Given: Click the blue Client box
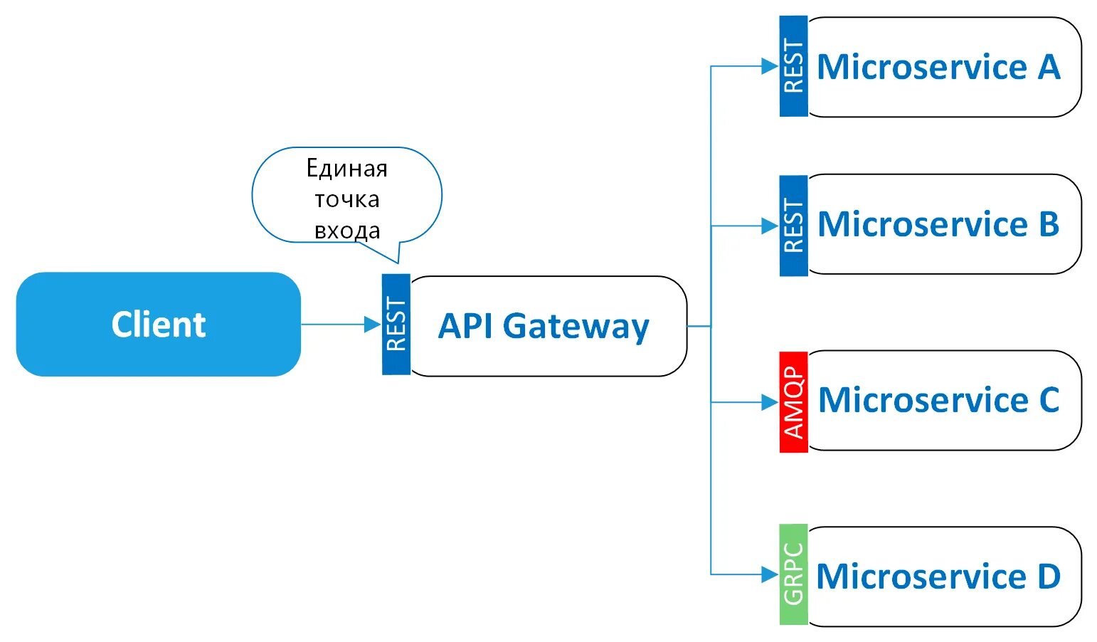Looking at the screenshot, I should (x=158, y=325).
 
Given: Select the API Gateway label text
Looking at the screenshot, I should (x=544, y=326).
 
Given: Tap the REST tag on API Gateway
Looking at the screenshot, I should (x=396, y=325).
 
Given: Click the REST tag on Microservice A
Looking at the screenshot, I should (x=793, y=66).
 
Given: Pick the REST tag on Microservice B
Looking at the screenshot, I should (x=793, y=226).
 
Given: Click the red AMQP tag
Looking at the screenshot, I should (x=793, y=402).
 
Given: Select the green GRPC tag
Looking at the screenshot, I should (x=793, y=574).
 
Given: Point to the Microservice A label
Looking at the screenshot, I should (x=938, y=67).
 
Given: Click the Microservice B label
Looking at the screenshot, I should (x=938, y=224).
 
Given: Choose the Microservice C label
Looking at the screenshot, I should (x=938, y=400).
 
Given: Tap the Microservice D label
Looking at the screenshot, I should (x=938, y=576).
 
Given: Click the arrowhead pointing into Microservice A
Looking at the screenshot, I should (x=770, y=66).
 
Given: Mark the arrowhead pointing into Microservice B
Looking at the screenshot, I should (x=770, y=226).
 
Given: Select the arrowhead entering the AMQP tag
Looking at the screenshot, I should (x=770, y=402).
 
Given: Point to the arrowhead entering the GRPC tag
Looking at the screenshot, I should (x=770, y=574).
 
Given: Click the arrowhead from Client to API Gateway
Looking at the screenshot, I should (x=373, y=325).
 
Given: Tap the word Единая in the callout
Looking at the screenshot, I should (x=347, y=169).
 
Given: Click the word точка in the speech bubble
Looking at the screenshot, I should (x=347, y=199).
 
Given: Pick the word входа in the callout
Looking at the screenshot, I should (x=347, y=231).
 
